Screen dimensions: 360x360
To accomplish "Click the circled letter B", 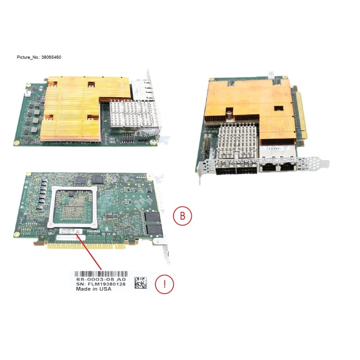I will tap(182, 216).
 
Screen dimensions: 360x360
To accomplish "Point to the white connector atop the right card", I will tap(270, 72).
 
